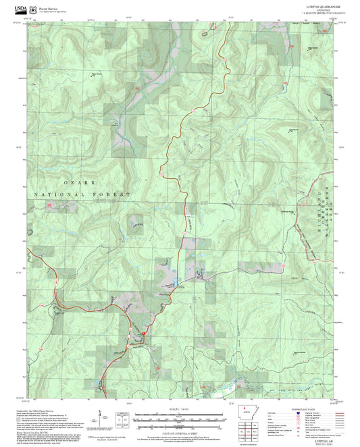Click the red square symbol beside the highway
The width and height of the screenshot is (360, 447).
pos(143,332)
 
